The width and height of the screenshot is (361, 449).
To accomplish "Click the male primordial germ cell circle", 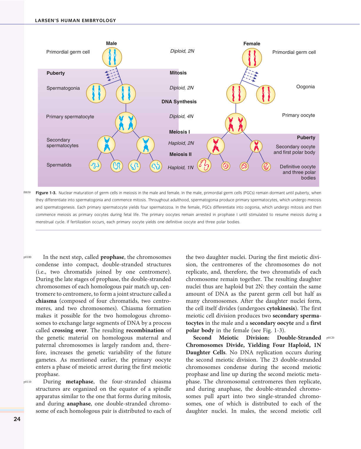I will [112, 57].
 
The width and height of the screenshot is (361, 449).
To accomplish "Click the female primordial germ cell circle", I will [252, 58].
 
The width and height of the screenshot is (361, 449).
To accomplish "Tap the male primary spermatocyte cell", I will [126, 122].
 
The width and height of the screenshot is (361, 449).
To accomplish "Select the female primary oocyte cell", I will [235, 124].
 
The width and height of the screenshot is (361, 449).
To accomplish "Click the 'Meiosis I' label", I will [179, 132].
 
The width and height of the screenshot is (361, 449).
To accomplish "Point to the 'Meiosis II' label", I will [180, 154].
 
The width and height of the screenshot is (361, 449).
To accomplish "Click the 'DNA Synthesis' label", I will [179, 102].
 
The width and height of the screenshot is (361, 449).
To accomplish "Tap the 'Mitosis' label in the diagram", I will [178, 73].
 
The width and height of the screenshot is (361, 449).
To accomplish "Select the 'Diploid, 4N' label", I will [181, 116].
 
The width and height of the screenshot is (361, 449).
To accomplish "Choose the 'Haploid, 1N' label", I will [180, 167].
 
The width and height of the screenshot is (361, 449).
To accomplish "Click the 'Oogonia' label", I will [305, 87].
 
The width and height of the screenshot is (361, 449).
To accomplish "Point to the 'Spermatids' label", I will [59, 165].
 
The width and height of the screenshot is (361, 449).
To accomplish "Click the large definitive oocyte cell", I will [204, 165].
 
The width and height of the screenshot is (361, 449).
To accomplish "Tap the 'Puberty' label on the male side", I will [56, 73].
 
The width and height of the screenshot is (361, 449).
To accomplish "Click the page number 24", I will [17, 419].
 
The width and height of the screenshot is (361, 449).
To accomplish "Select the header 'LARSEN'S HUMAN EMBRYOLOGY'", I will [75, 21].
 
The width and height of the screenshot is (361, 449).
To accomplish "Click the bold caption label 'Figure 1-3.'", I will [46, 193].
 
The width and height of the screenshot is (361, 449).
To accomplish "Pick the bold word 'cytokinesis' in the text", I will [281, 308].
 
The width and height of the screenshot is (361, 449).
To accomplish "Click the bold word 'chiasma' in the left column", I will [46, 301].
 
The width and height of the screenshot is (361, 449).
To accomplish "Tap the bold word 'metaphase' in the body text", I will [79, 382].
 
